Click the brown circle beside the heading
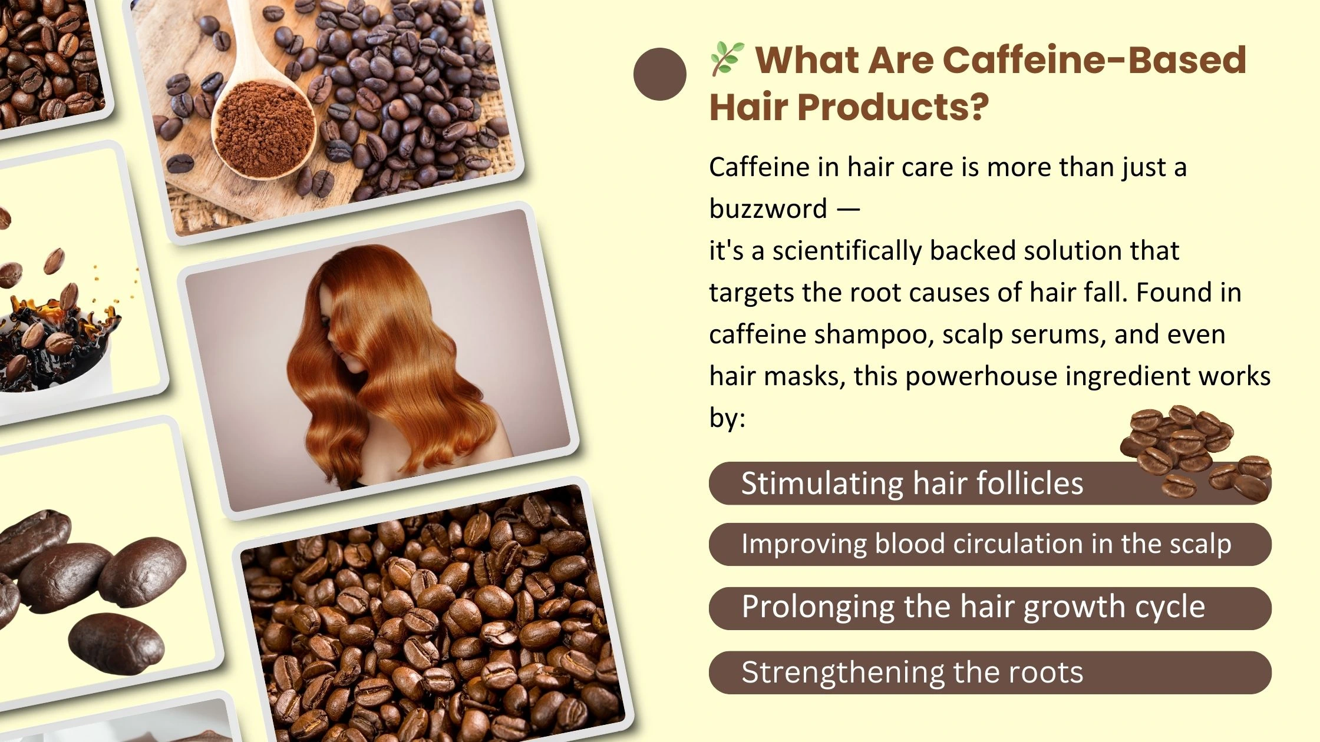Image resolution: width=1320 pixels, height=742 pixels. [660, 74]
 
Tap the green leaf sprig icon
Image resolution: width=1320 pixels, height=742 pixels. [727, 59]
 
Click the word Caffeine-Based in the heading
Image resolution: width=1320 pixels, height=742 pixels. [1094, 60]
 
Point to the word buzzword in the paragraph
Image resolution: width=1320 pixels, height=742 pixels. [768, 209]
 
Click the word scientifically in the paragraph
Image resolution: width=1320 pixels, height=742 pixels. [847, 251]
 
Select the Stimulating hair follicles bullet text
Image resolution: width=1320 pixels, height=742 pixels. [912, 483]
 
